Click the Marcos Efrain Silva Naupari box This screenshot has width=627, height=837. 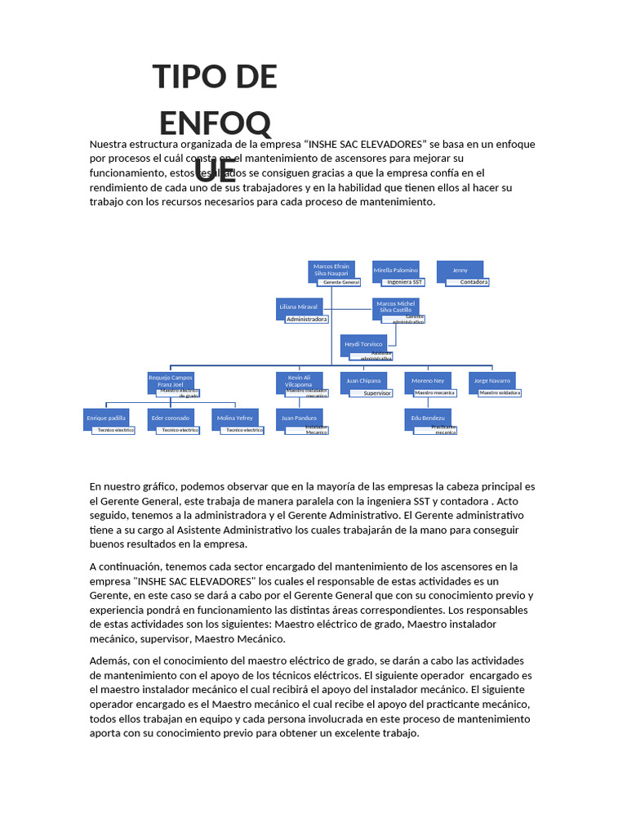pyautogui.click(x=331, y=270)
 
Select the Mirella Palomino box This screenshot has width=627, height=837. pyautogui.click(x=396, y=270)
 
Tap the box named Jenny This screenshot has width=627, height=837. pyautogui.click(x=460, y=270)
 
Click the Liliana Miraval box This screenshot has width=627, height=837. pyautogui.click(x=299, y=307)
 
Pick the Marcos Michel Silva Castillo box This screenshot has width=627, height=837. pyautogui.click(x=396, y=307)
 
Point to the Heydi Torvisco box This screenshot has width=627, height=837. pyautogui.click(x=364, y=344)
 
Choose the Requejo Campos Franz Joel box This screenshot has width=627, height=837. pyautogui.click(x=171, y=381)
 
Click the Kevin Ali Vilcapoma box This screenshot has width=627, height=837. pyautogui.click(x=299, y=381)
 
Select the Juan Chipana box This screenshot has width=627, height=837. pyautogui.click(x=364, y=381)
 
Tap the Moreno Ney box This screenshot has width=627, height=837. pyautogui.click(x=428, y=381)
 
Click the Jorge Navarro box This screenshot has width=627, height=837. pyautogui.click(x=492, y=381)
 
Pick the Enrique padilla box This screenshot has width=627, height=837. pyautogui.click(x=106, y=418)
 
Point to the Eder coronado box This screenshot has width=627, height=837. pyautogui.click(x=171, y=418)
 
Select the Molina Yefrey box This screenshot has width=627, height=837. pyautogui.click(x=235, y=418)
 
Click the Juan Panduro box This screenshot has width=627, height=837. pyautogui.click(x=299, y=418)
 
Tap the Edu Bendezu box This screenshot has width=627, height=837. pyautogui.click(x=428, y=418)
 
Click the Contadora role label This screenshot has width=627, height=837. pyautogui.click(x=474, y=282)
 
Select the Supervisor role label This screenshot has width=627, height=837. pyautogui.click(x=377, y=393)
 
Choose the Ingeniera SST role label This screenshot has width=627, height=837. pyautogui.click(x=405, y=282)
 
